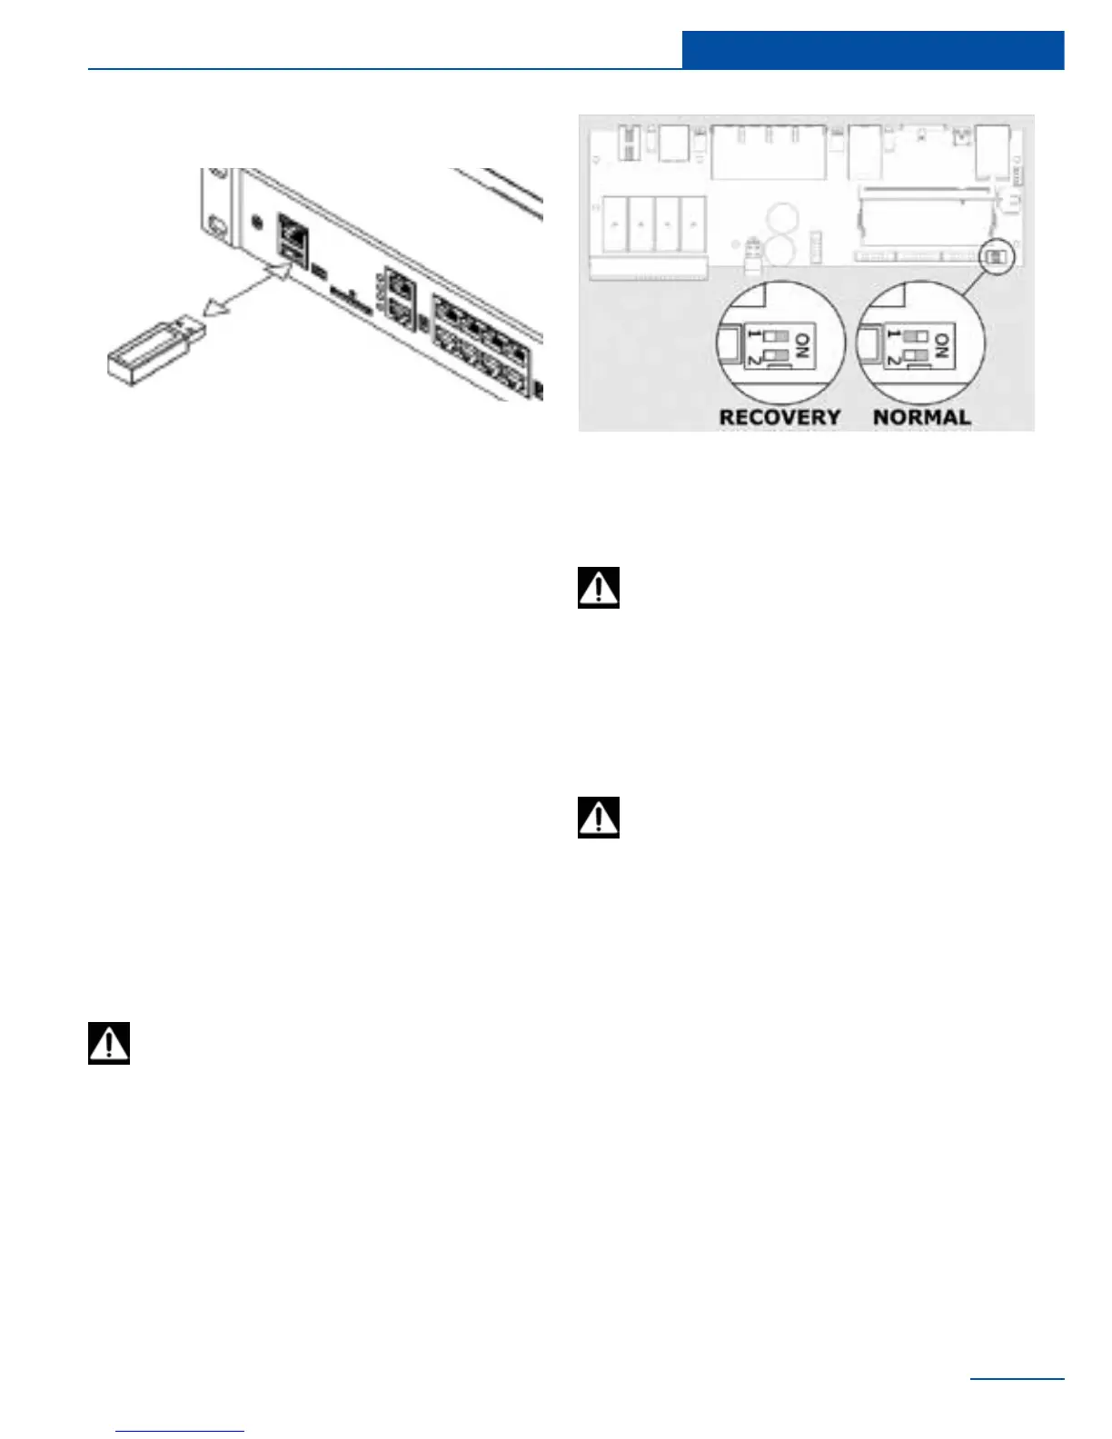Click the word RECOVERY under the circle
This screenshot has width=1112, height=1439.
click(779, 417)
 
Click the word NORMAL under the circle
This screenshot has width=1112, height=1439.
click(921, 417)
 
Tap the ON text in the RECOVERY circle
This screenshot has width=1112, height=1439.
click(802, 346)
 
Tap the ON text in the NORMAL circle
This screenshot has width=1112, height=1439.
click(942, 346)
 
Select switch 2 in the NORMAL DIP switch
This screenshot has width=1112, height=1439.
click(917, 355)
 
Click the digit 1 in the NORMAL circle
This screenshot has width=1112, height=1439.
click(894, 336)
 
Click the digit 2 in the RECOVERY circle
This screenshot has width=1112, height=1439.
click(753, 357)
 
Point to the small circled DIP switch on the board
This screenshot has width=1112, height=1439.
click(997, 257)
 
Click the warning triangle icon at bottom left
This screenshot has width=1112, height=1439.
click(109, 1043)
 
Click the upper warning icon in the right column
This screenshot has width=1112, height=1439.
click(599, 587)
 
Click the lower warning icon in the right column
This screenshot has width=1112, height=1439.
click(599, 817)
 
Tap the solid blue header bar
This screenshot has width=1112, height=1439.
click(872, 50)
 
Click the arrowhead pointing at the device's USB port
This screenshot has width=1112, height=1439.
click(278, 272)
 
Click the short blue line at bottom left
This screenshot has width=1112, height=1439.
click(180, 1431)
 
